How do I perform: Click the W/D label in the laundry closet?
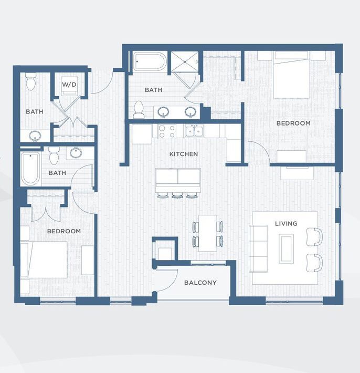pyautogui.click(x=69, y=84)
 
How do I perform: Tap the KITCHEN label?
pyautogui.click(x=183, y=154)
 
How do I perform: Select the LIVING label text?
pyautogui.click(x=286, y=223)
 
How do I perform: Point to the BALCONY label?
pyautogui.click(x=200, y=283)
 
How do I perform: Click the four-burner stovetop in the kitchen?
pyautogui.click(x=166, y=131)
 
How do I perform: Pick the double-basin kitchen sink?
pyautogui.click(x=197, y=130)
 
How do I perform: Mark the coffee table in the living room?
pyautogui.click(x=287, y=248)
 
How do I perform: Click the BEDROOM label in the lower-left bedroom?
pyautogui.click(x=64, y=231)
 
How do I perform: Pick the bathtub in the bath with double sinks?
pyautogui.click(x=149, y=61)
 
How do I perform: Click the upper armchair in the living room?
pyautogui.click(x=314, y=237)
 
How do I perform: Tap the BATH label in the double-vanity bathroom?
pyautogui.click(x=153, y=90)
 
